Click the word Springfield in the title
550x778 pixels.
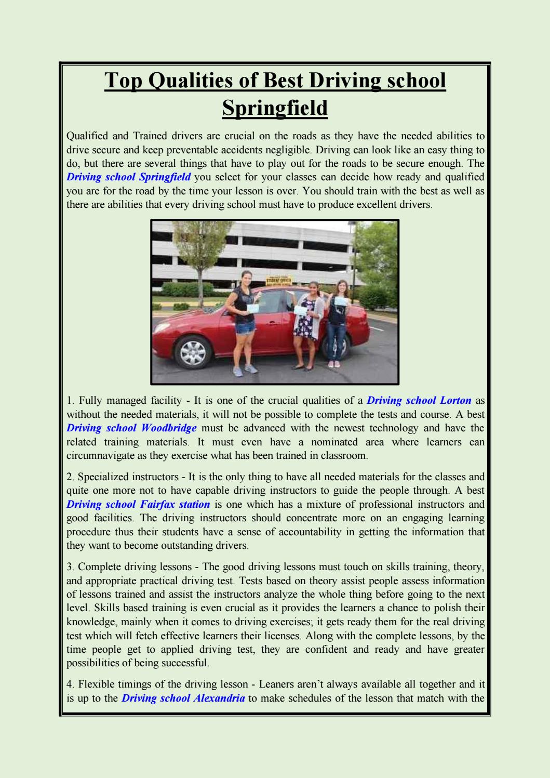(x=275, y=108)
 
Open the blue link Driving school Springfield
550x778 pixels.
(x=129, y=177)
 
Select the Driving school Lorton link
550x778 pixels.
(x=419, y=401)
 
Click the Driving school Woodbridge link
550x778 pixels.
(x=131, y=428)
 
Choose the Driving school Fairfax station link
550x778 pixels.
(x=138, y=505)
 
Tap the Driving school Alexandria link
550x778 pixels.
(x=183, y=698)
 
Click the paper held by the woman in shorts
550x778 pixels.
(x=252, y=308)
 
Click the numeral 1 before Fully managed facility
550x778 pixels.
(x=70, y=401)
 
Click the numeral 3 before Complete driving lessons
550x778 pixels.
(x=70, y=567)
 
